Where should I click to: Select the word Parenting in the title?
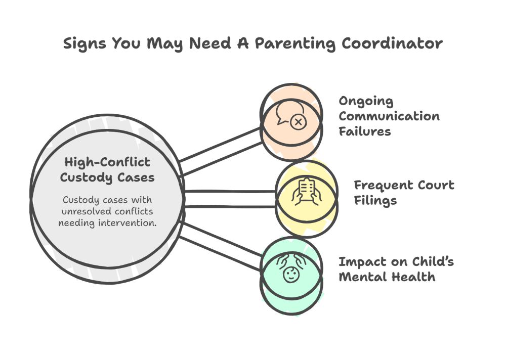pos(294,43)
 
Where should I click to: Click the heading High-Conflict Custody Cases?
pos(107,170)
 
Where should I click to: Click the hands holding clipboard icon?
pos(306,192)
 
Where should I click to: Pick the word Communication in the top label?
pos(389,116)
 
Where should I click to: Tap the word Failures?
pos(364,131)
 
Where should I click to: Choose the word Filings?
pos(375,200)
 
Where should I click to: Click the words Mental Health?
pos(387,277)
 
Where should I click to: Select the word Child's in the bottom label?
pos(432,261)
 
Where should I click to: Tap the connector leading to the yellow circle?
pos(230,199)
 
